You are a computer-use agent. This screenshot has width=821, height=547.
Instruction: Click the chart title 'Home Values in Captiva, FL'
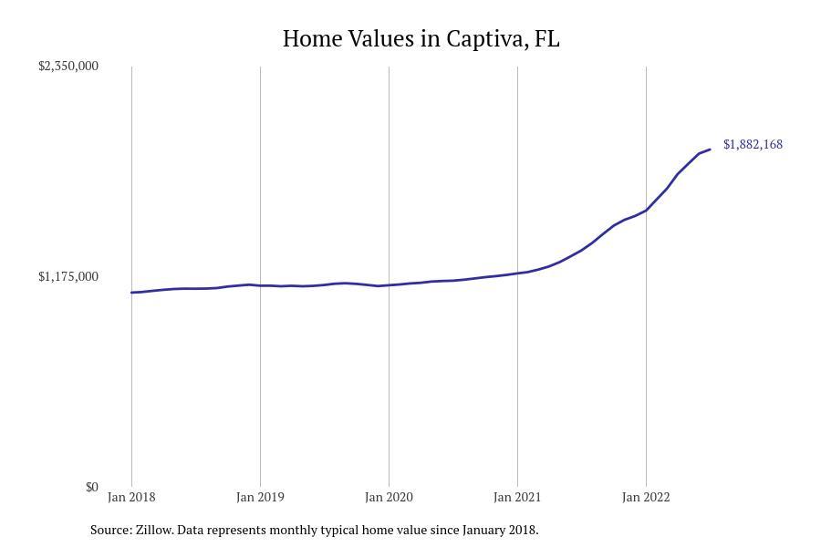[421, 39]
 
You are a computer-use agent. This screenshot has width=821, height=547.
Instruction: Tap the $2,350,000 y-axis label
[68, 67]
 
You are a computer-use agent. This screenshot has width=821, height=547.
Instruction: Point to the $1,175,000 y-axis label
[68, 277]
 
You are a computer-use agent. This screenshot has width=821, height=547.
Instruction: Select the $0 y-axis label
[91, 488]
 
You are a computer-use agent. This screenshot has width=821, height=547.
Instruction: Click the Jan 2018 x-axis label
[131, 498]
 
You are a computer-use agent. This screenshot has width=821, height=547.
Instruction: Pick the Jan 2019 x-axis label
[260, 498]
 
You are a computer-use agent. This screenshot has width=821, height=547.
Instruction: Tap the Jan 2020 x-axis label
[389, 498]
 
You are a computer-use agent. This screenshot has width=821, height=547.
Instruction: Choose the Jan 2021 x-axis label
[517, 498]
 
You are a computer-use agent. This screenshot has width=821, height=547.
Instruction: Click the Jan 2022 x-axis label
[646, 498]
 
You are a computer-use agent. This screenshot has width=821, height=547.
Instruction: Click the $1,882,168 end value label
[753, 145]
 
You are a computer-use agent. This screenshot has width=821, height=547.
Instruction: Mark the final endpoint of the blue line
[710, 150]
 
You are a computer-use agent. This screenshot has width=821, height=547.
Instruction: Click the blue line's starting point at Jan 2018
[132, 293]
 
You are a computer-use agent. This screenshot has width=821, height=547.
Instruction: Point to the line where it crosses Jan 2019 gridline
[260, 285]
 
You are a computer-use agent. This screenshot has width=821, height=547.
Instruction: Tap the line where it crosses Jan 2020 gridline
[389, 285]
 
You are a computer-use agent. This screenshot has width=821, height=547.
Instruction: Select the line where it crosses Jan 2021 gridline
[517, 273]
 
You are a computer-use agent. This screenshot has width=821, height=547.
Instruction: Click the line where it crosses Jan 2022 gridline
[646, 211]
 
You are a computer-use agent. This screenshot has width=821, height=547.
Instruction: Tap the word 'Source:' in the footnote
[110, 530]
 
